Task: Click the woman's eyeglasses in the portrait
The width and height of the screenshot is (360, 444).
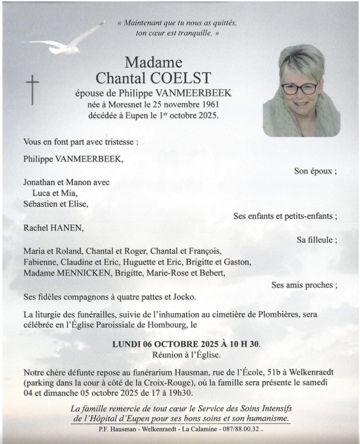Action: [300, 88]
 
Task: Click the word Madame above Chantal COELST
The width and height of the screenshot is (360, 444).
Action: [153, 62]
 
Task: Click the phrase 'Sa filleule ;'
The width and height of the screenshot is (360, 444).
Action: [317, 239]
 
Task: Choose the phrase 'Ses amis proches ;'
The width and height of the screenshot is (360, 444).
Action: [304, 285]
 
